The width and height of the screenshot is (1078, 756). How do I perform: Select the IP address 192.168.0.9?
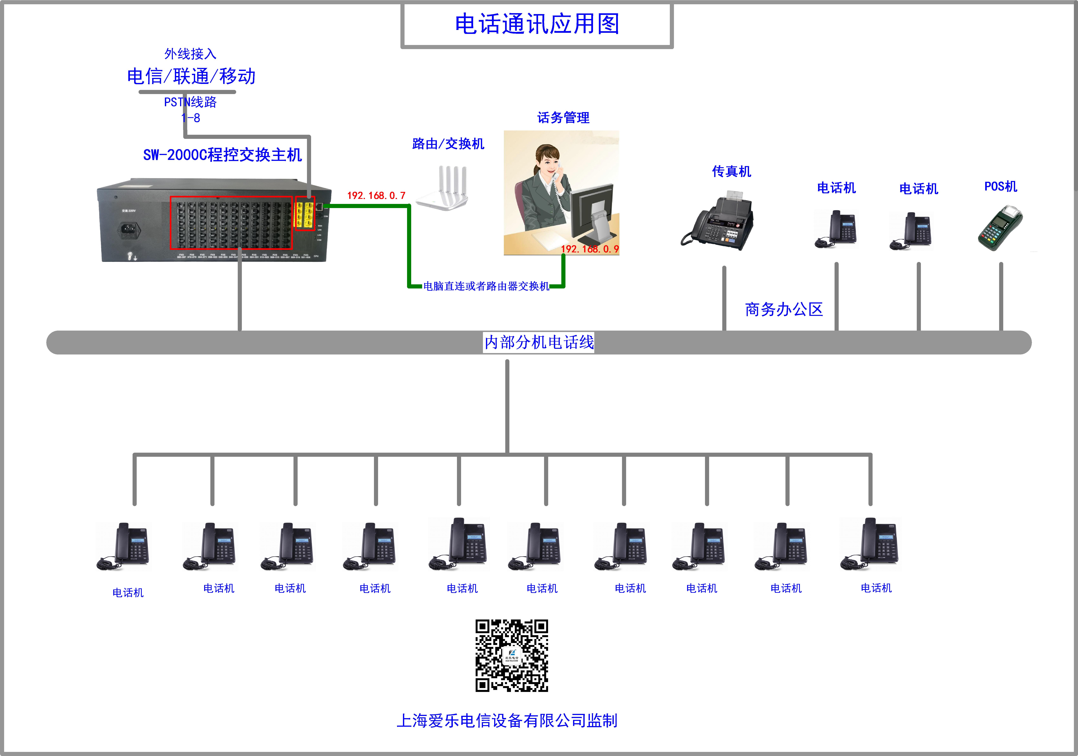tap(590, 249)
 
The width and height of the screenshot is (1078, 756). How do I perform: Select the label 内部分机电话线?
tap(539, 342)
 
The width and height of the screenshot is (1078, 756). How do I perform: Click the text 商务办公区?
tap(784, 309)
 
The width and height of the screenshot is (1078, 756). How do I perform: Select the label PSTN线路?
tap(190, 102)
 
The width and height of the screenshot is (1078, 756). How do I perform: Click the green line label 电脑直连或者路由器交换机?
tap(486, 286)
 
